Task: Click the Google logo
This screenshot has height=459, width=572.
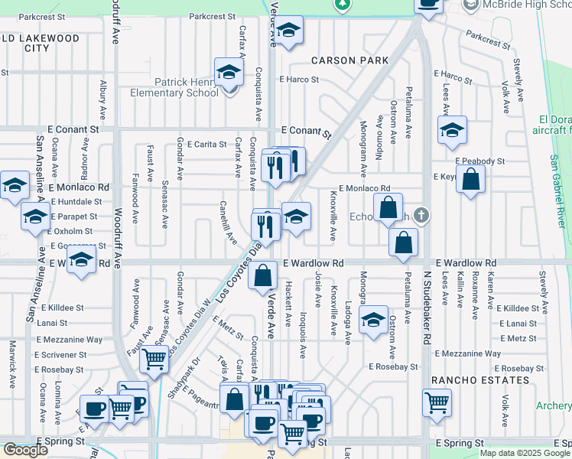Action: (x=25, y=450)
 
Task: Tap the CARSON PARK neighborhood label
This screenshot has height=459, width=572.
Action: (x=349, y=60)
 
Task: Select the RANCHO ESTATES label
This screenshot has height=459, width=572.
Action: (x=479, y=380)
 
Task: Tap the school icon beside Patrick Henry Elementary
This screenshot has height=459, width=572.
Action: (x=228, y=73)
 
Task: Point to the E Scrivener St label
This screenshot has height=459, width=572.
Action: (x=60, y=355)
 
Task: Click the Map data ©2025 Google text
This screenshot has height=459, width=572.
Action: (x=525, y=453)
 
